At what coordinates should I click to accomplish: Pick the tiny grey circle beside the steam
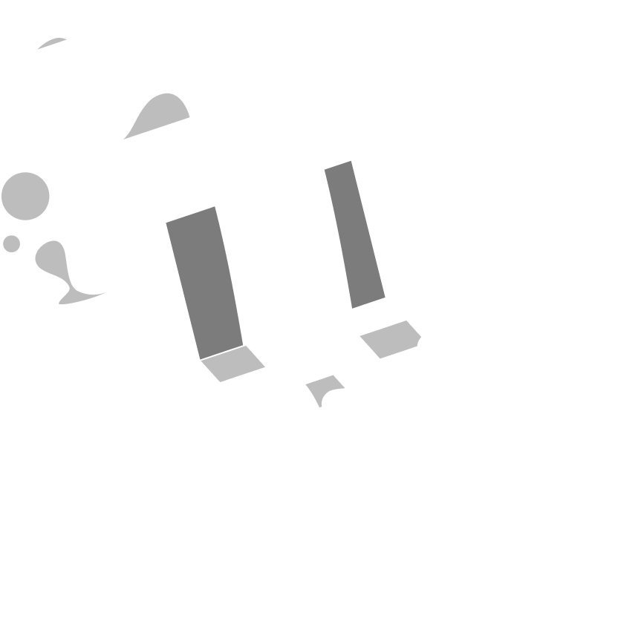click(11, 243)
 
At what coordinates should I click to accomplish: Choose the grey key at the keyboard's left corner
click(230, 363)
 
